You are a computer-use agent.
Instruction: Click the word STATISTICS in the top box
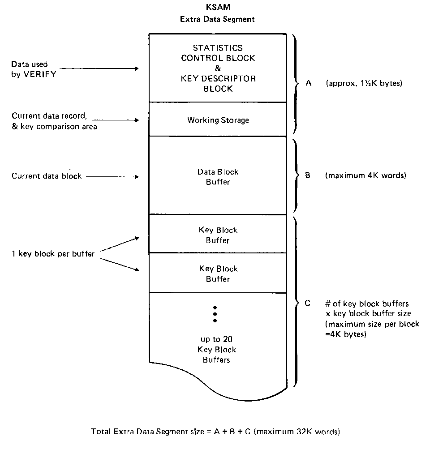(x=218, y=47)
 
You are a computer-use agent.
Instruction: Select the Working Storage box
(x=218, y=120)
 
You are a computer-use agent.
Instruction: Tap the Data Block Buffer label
(x=218, y=177)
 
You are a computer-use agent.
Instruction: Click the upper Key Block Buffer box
(x=218, y=235)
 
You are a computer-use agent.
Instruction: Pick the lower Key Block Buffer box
(x=218, y=274)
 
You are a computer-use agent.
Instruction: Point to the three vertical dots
(x=215, y=314)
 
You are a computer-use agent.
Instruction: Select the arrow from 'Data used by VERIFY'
(x=99, y=69)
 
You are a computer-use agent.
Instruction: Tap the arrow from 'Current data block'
(x=112, y=177)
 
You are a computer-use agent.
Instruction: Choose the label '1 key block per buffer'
(x=53, y=254)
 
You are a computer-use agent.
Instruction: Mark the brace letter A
(x=308, y=83)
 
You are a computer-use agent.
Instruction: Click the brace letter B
(x=308, y=175)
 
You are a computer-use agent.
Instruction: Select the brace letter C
(x=307, y=303)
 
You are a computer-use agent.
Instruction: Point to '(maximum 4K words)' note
(x=365, y=175)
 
